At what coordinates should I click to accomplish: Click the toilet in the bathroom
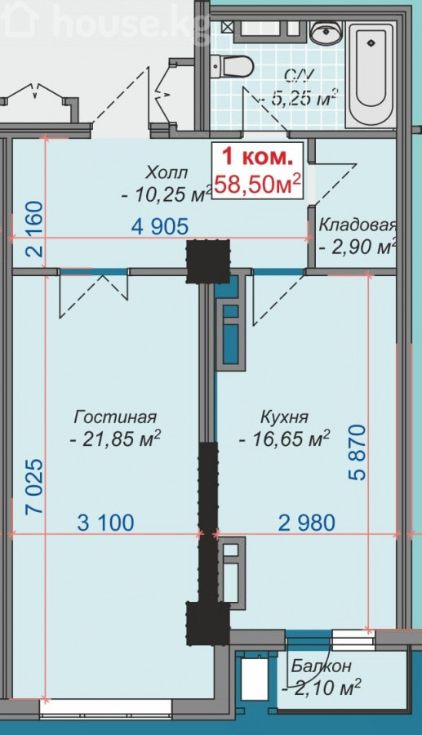231,67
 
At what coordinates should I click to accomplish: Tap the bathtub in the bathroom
371,74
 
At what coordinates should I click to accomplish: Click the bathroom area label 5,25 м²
302,99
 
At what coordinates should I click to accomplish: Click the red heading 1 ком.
257,157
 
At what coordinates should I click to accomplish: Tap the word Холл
167,172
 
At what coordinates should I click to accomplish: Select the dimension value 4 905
160,226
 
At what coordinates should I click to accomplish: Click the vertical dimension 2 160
35,229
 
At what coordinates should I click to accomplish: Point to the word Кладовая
358,225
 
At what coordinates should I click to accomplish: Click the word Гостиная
115,416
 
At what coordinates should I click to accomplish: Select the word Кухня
284,416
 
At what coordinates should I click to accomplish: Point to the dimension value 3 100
105,522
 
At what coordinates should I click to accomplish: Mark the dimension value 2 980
307,522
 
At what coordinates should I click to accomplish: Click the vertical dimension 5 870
358,452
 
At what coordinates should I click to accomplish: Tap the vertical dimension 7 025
34,487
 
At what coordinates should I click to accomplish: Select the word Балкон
321,666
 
